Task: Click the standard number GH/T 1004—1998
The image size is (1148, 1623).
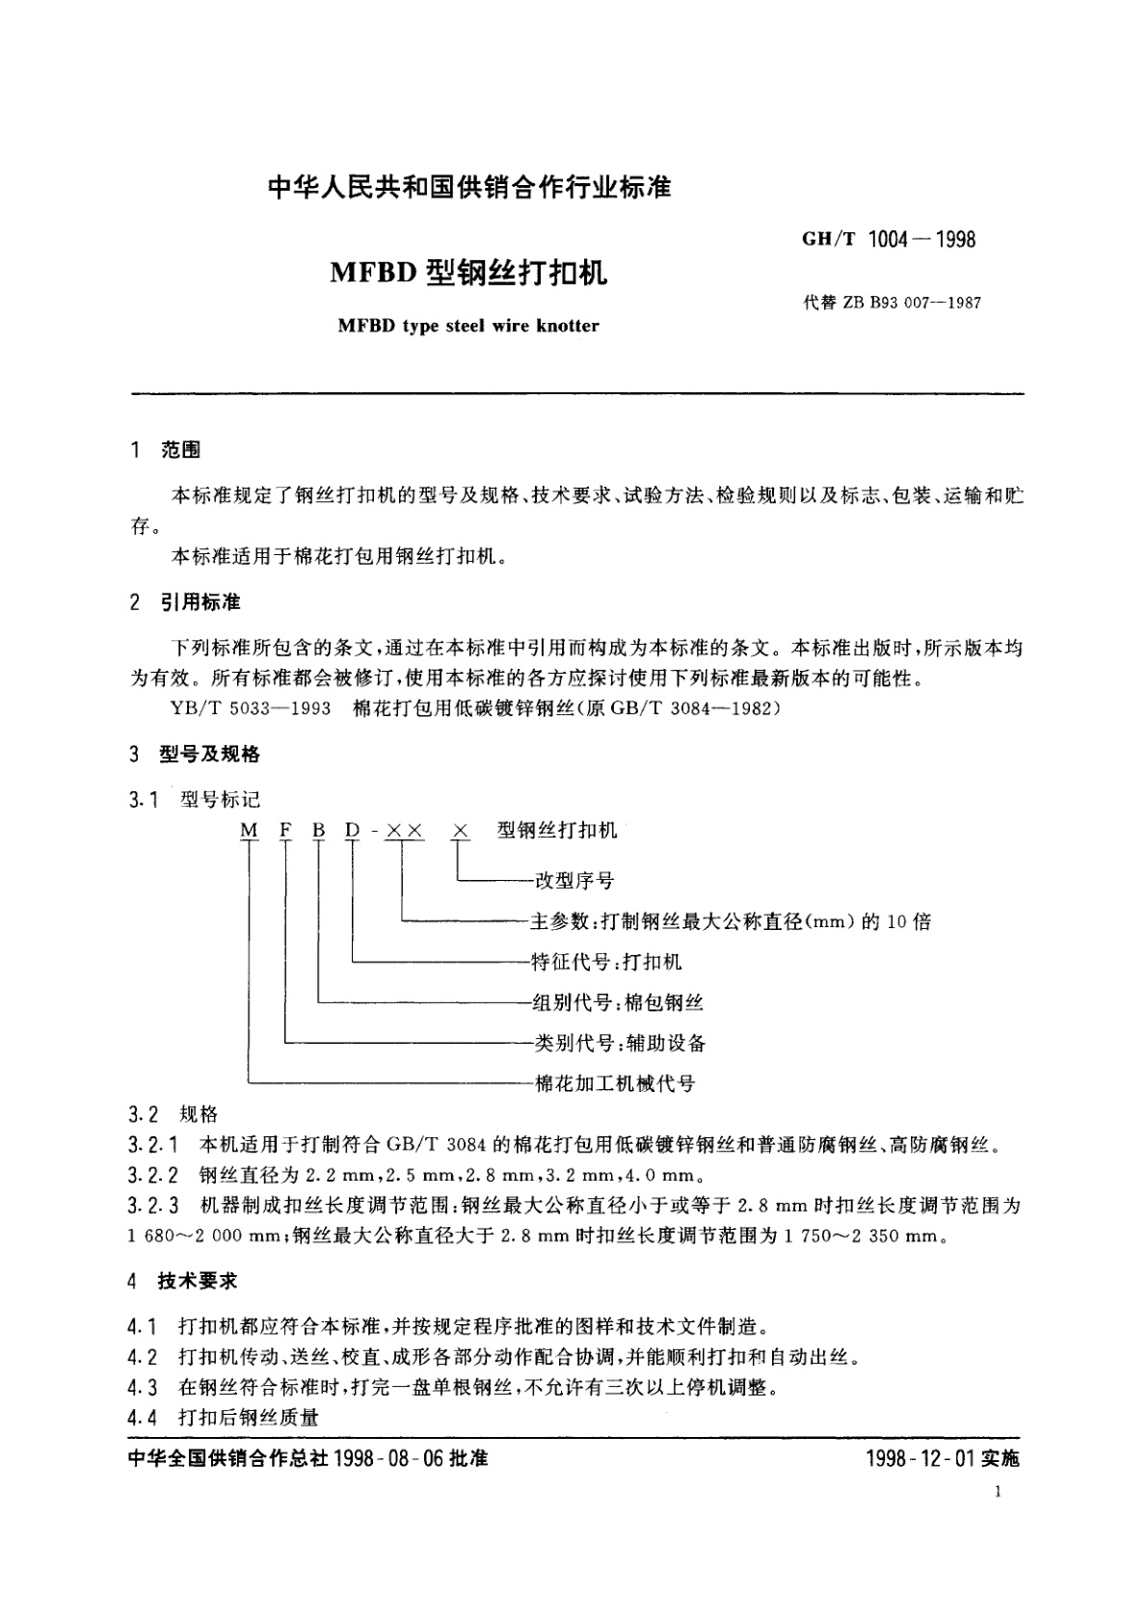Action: (x=888, y=240)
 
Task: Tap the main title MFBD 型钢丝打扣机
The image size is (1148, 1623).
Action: (x=469, y=274)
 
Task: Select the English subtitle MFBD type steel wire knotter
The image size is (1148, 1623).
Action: (x=468, y=326)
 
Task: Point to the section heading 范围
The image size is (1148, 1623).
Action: (x=180, y=450)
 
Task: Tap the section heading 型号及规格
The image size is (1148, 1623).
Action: (x=209, y=754)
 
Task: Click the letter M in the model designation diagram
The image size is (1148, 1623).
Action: (x=250, y=830)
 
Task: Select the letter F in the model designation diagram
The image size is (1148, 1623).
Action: (x=285, y=830)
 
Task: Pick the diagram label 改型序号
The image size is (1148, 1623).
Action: (x=574, y=880)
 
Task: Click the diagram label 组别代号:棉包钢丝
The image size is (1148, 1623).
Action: (x=617, y=1002)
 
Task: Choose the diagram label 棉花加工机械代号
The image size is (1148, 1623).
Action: (x=614, y=1083)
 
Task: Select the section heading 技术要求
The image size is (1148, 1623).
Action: (x=197, y=1282)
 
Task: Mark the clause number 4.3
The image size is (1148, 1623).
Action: (x=142, y=1388)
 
